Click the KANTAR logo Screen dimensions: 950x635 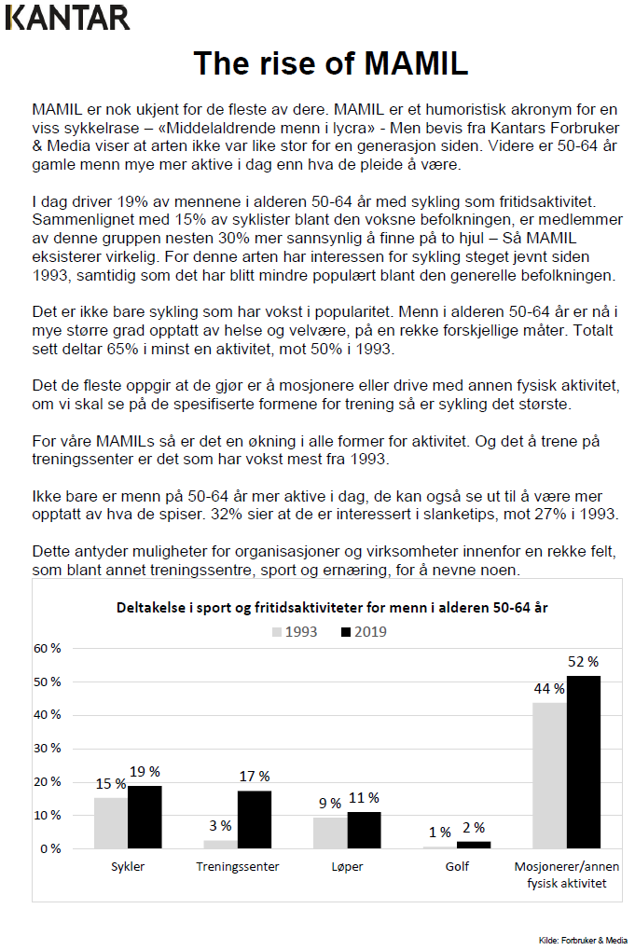click(x=67, y=17)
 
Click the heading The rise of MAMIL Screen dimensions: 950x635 click(x=330, y=63)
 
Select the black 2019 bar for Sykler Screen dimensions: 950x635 click(x=145, y=817)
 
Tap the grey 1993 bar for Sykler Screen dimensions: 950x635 click(x=111, y=823)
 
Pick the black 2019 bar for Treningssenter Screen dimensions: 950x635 click(x=255, y=819)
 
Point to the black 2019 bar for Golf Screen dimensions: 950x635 click(x=474, y=845)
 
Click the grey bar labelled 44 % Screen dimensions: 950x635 click(x=550, y=775)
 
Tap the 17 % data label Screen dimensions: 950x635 click(x=255, y=777)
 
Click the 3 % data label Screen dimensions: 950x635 click(x=220, y=826)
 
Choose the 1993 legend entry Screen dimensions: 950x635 click(x=295, y=632)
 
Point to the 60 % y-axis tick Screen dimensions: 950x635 click(x=48, y=648)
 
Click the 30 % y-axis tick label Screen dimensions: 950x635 click(x=48, y=749)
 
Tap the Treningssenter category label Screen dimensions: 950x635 click(x=238, y=867)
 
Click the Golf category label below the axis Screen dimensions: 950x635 click(x=457, y=867)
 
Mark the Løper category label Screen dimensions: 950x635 click(x=347, y=867)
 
